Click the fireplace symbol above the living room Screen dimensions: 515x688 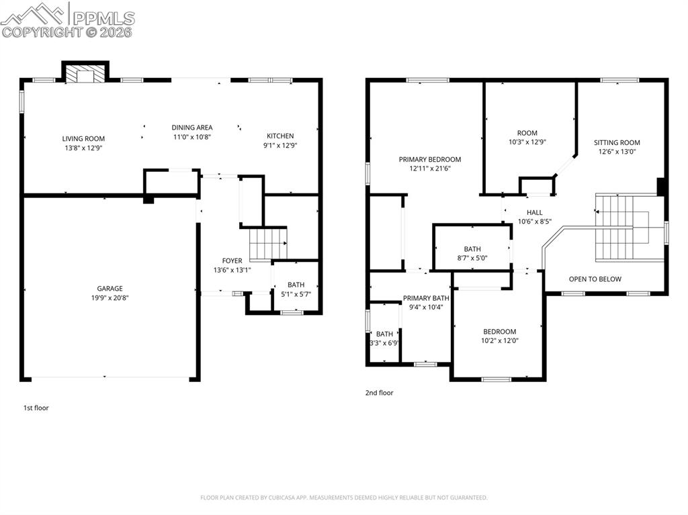point(85,73)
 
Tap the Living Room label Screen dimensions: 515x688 point(83,138)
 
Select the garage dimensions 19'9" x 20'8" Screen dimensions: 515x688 point(110,297)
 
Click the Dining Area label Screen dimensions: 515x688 point(192,128)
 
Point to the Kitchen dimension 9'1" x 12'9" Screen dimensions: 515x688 point(279,145)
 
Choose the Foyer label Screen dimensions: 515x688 point(232,261)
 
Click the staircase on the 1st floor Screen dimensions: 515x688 point(268,244)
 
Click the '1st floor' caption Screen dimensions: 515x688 point(36,408)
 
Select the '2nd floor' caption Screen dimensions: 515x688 point(380,393)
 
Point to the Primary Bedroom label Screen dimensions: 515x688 point(430,160)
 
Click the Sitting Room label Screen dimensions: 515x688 point(617,142)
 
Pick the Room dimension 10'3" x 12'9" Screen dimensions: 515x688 point(527,142)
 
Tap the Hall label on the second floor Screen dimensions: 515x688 point(535,212)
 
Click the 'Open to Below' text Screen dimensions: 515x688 point(595,279)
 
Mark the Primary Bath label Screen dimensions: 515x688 point(426,298)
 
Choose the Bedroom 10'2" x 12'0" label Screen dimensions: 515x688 point(500,332)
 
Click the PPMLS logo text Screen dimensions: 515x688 point(103,18)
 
